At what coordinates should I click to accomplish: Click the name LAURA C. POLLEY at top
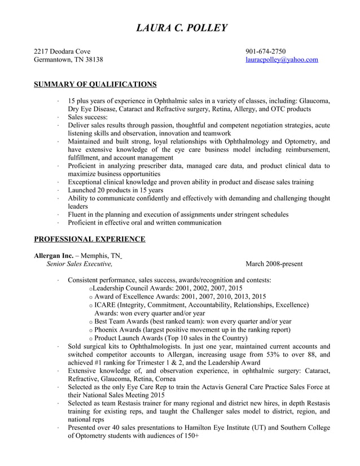pyautogui.click(x=181, y=28)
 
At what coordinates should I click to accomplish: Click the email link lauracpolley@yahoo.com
pyautogui.click(x=282, y=59)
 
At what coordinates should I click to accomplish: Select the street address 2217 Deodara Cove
pyautogui.click(x=62, y=51)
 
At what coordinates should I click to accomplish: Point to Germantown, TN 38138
pyautogui.click(x=68, y=59)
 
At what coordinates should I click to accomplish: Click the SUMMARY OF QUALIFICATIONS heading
pyautogui.click(x=95, y=84)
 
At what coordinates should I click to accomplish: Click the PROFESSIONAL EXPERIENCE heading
pyautogui.click(x=89, y=239)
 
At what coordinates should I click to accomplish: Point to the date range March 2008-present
pyautogui.click(x=274, y=263)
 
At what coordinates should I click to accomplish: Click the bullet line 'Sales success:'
pyautogui.click(x=87, y=117)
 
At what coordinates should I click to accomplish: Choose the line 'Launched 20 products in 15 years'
pyautogui.click(x=116, y=190)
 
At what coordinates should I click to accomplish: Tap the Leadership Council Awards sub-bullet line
pyautogui.click(x=167, y=288)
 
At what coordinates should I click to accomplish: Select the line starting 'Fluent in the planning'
pyautogui.click(x=178, y=214)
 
